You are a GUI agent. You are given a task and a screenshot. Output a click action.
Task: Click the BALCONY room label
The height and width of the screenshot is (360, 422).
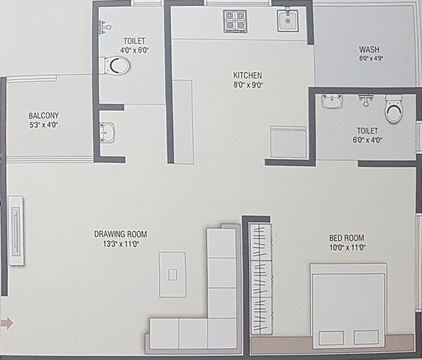43,116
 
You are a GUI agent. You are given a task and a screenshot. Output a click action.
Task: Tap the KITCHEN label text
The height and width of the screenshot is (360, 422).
248,75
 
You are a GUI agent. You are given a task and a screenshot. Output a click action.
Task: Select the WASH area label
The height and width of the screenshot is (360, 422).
369,50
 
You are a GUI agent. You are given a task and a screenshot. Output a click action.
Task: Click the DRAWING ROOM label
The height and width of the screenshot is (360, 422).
120,234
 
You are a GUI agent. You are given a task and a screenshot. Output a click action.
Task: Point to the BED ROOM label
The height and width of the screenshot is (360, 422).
347,238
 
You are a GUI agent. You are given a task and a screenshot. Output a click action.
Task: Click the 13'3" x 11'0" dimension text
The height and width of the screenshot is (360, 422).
120,244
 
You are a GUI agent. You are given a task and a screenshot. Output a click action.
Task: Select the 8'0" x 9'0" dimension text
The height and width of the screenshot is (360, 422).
248,85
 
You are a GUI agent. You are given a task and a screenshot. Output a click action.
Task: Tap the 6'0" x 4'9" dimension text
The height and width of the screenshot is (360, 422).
371,59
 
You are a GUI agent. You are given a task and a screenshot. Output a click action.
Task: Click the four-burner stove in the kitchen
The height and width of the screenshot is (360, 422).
236,21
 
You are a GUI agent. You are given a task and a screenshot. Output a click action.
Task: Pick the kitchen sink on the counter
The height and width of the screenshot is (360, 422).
288,20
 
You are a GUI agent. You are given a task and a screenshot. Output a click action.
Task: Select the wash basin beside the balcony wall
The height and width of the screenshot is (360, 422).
108,132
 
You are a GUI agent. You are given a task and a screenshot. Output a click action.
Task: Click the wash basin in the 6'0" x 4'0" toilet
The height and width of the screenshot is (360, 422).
332,101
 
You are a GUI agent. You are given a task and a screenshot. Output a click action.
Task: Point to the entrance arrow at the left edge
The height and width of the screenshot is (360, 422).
7,323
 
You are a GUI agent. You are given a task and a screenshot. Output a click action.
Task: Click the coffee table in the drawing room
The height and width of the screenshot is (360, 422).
172,275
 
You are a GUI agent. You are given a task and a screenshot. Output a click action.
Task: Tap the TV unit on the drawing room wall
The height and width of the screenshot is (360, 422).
16,231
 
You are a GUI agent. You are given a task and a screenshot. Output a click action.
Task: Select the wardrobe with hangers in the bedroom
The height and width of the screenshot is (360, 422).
260,279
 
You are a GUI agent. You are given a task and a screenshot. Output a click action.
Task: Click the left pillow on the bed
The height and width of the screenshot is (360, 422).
331,338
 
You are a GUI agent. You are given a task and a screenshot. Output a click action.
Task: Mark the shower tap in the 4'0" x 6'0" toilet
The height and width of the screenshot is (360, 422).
104,27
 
